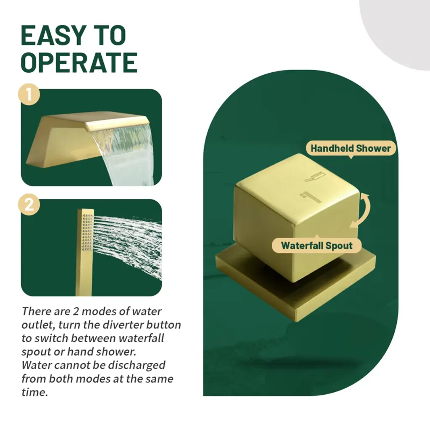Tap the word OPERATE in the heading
click(x=79, y=63)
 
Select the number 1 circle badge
click(x=29, y=94)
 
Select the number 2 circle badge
click(x=29, y=205)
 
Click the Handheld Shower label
click(x=351, y=148)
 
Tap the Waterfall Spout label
click(x=317, y=245)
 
